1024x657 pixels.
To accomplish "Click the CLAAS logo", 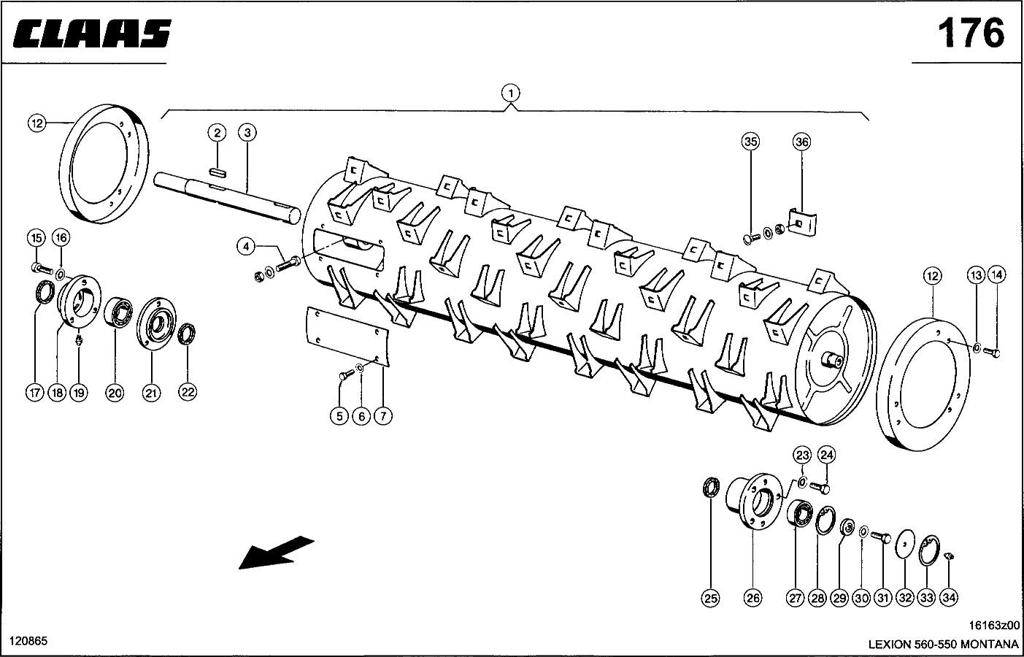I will (92, 34).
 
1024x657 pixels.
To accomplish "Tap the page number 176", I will (970, 33).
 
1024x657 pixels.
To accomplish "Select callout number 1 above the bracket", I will (511, 93).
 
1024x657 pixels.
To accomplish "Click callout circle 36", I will (801, 142).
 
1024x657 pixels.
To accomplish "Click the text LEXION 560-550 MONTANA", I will (943, 645).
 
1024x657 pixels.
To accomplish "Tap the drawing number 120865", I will (28, 640).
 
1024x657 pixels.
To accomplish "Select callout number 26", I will (752, 598).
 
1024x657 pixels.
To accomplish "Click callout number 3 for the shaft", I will (247, 132).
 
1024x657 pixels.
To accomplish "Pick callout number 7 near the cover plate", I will (383, 416).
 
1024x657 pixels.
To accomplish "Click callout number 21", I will (150, 393).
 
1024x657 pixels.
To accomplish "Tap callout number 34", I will (948, 598).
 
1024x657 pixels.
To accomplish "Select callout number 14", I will (996, 275).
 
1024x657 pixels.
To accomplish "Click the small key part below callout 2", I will (217, 172).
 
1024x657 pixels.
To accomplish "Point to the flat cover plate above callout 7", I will (347, 335).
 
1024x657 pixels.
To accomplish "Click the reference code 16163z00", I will (994, 626).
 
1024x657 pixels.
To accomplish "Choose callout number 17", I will (34, 393).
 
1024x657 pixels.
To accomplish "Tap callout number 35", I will (750, 142).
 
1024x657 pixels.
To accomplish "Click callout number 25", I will (710, 598).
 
